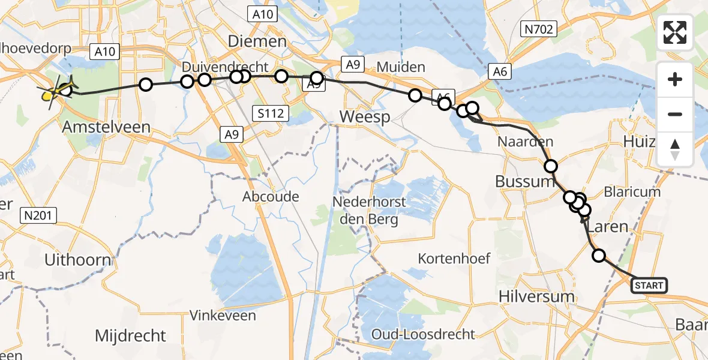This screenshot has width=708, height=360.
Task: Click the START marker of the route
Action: point(649,286)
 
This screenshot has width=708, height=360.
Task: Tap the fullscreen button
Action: point(675,32)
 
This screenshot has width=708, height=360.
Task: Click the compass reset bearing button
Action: point(675,149)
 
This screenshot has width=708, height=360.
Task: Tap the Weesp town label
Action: point(364,116)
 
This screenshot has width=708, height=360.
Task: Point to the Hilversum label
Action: point(528,295)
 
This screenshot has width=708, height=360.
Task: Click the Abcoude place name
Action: point(271,197)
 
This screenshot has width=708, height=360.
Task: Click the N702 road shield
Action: point(539,28)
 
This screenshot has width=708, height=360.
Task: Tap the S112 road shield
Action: point(271,112)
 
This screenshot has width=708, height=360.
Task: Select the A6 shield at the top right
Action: point(502,72)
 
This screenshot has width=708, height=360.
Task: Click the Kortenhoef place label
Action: point(454,259)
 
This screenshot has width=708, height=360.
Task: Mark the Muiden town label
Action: point(401,67)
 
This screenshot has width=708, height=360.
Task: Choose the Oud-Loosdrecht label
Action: point(423,334)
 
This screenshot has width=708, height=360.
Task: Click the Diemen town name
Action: point(257,42)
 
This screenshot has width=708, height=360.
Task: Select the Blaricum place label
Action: point(632,192)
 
